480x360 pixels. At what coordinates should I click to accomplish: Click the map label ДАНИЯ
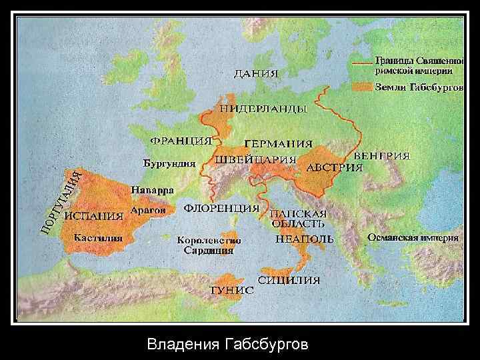255,73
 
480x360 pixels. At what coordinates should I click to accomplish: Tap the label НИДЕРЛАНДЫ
263,109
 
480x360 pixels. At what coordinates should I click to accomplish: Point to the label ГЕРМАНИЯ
278,144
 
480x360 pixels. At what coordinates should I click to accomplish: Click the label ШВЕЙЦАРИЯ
255,161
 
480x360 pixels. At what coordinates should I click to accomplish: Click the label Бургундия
169,163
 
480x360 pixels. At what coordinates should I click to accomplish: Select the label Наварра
152,190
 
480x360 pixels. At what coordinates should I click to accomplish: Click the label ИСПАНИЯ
93,216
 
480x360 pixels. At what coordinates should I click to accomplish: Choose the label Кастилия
97,237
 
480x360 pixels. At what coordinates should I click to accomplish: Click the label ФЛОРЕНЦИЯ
221,208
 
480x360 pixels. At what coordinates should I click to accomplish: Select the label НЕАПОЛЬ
304,239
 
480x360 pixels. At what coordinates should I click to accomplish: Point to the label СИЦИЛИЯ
289,281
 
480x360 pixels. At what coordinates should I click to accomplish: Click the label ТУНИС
231,291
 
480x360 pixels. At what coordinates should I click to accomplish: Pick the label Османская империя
413,237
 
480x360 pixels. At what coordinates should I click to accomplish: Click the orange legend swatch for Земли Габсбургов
363,87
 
